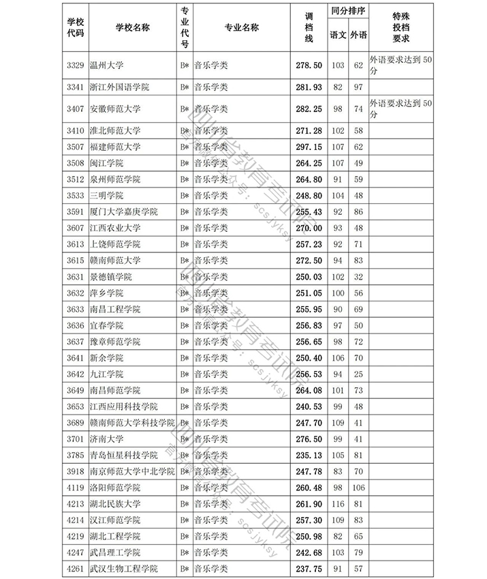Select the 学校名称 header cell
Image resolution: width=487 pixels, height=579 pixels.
(x=132, y=27)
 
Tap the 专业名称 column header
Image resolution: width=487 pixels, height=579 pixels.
(x=242, y=27)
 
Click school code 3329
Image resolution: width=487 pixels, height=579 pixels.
(x=75, y=65)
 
